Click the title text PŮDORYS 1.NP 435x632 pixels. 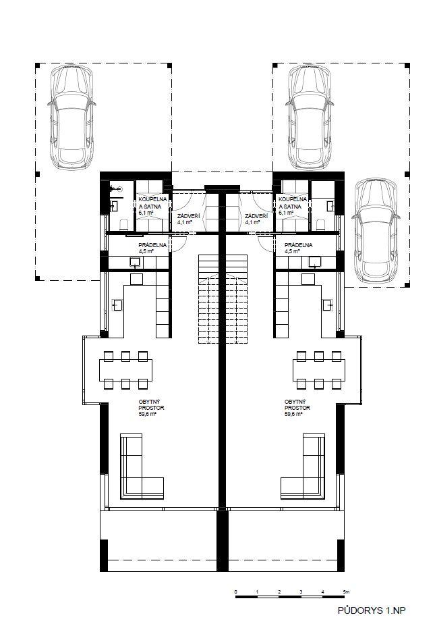[x=372, y=610]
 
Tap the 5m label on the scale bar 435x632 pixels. [x=347, y=591]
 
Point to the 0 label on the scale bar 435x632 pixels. [x=236, y=591]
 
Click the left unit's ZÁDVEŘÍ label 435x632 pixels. [x=186, y=216]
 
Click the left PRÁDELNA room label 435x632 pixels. [x=152, y=245]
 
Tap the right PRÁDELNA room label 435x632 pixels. [x=298, y=245]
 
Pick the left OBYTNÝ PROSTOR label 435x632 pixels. [x=151, y=404]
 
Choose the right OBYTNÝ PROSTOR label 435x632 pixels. [x=297, y=404]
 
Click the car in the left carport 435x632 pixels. [x=71, y=117]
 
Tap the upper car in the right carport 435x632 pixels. [x=310, y=117]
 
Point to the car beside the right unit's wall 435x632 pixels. [x=376, y=230]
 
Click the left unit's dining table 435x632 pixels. [x=126, y=370]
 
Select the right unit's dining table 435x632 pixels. [x=319, y=370]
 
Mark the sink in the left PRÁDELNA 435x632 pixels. [x=135, y=263]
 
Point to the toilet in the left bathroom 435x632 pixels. [x=124, y=224]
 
